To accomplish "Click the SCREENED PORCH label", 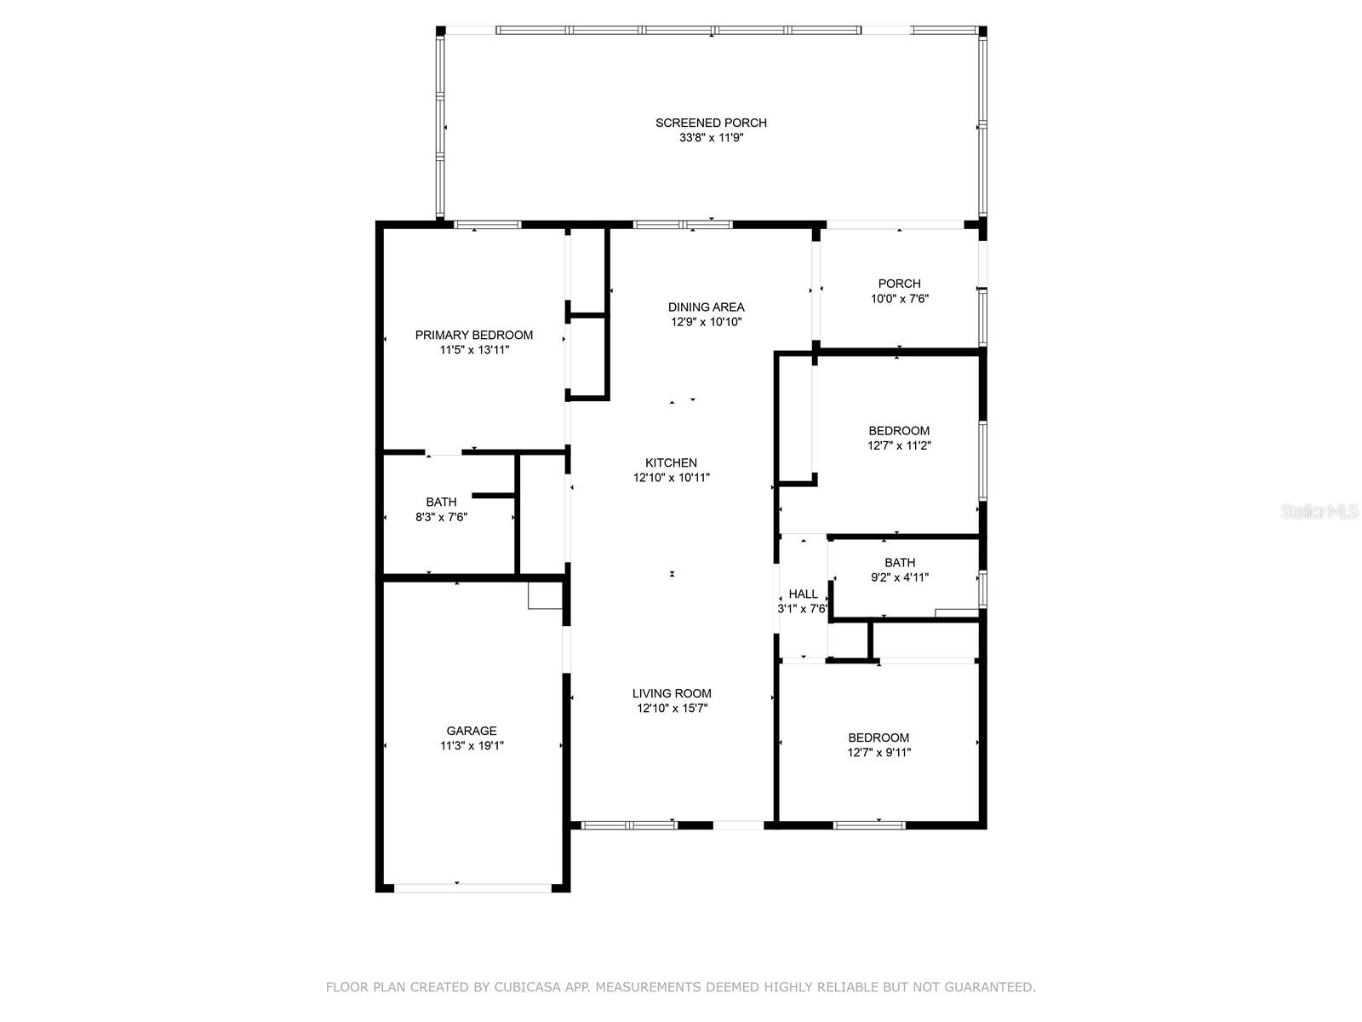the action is (711, 123).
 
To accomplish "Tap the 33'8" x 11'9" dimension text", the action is (711, 138).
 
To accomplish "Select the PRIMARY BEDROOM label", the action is (474, 335).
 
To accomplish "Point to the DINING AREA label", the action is (707, 307).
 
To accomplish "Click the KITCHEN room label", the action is (672, 463).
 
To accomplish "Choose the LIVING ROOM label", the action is (672, 694).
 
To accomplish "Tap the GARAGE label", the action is (472, 731).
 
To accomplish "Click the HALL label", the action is (804, 594).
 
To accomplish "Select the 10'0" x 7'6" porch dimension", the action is (900, 298).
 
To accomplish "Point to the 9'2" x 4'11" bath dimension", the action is (900, 577).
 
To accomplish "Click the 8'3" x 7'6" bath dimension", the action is (441, 517).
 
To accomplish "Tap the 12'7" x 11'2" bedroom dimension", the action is (899, 445).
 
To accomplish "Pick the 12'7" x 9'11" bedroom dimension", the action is (879, 753).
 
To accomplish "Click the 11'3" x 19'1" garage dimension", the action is (472, 746).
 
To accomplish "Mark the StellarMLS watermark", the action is (1319, 511).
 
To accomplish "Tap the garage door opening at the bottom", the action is (472, 888).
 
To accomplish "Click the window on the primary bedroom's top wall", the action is (488, 225).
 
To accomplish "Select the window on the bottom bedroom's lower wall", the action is (869, 825).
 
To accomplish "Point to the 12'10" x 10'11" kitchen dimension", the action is (672, 478).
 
